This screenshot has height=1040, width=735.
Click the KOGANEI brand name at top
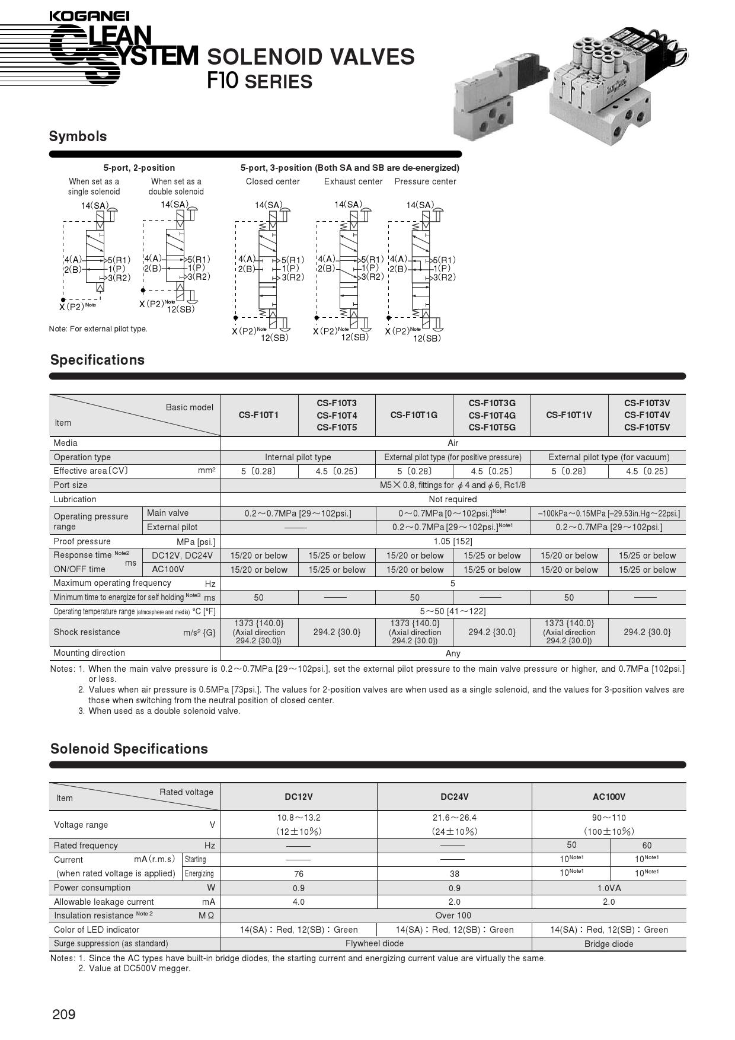pos(89,16)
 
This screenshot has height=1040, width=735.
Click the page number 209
pos(64,1015)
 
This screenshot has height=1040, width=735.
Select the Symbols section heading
pos(78,136)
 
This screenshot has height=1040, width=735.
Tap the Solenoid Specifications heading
pos(129,749)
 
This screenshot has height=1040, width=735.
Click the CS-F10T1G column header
pos(414,415)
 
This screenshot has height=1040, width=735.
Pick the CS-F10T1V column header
pos(569,415)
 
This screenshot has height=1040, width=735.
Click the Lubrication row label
pos(75,499)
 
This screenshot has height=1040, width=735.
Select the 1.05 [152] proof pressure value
pos(453,541)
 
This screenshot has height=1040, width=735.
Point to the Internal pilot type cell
pos(298,457)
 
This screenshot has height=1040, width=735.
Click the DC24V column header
pos(454,797)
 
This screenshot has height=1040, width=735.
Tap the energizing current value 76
pos(299,874)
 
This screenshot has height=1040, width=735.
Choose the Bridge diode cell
pos(609,944)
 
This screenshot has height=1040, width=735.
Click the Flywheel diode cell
pos(375,943)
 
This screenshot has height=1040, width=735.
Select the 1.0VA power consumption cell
pos(609,888)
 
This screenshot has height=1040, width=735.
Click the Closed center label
pos(273,181)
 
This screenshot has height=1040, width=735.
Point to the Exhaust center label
pos(353,181)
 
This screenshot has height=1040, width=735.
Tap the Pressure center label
pos(425,181)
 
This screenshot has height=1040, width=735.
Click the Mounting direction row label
pos(89,653)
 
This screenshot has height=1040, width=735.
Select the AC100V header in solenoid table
pos(609,797)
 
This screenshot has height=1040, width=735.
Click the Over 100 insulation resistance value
pos(453,915)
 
